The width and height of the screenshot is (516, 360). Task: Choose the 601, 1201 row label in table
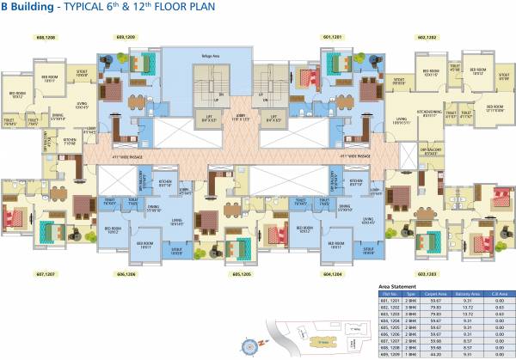pos(389,300)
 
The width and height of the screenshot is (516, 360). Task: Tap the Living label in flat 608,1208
pos(83,107)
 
